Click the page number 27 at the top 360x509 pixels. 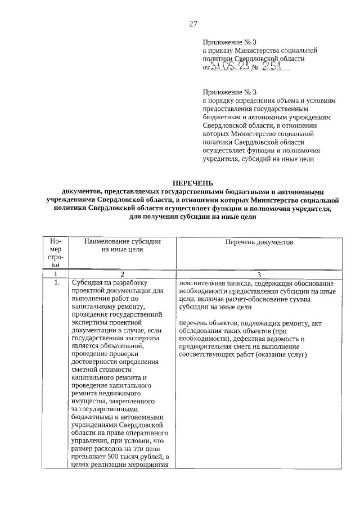click(x=193, y=23)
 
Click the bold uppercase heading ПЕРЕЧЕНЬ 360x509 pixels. click(x=193, y=183)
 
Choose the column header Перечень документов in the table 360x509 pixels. click(x=259, y=241)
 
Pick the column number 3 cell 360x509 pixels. click(x=259, y=274)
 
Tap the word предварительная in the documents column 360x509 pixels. click(x=206, y=347)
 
